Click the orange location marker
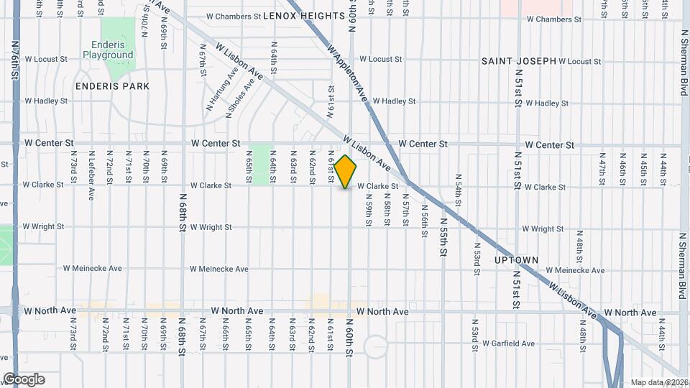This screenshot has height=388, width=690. (x=346, y=172)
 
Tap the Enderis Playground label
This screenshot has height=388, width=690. (x=108, y=50)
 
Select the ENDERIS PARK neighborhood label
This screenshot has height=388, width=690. (x=113, y=86)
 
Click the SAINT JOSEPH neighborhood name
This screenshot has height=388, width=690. (x=519, y=61)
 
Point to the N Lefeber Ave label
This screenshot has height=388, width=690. (x=91, y=175)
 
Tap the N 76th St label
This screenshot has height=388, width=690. (x=16, y=63)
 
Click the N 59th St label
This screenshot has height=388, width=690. (x=367, y=213)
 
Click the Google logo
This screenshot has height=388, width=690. (x=24, y=379)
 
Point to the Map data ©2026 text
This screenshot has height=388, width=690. (x=658, y=382)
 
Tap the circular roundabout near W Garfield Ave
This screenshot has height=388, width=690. (x=375, y=346)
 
